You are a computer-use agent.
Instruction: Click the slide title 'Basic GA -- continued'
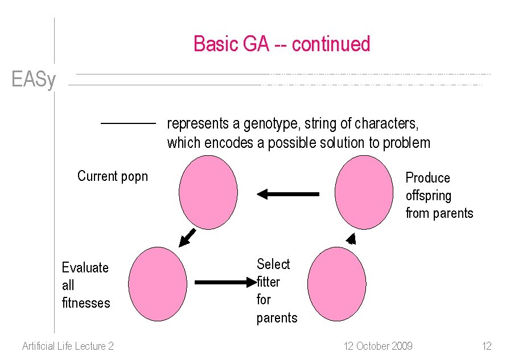pyautogui.click(x=282, y=44)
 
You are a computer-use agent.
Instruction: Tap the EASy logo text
pyautogui.click(x=34, y=80)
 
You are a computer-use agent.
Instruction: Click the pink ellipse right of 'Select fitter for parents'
pyautogui.click(x=336, y=283)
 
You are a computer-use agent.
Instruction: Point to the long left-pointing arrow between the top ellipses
pyautogui.click(x=287, y=195)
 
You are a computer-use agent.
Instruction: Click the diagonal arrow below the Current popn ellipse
pyautogui.click(x=187, y=238)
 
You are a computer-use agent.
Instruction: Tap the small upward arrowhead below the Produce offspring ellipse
pyautogui.click(x=351, y=238)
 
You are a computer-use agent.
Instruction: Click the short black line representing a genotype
pyautogui.click(x=128, y=123)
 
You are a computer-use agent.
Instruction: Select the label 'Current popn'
pyautogui.click(x=113, y=176)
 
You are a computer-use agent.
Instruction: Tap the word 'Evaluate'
pyautogui.click(x=85, y=268)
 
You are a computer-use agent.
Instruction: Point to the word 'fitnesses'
pyautogui.click(x=86, y=303)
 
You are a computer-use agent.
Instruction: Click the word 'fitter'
pyautogui.click(x=269, y=282)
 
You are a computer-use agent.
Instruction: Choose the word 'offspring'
pyautogui.click(x=428, y=196)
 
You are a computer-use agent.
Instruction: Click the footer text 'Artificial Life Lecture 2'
pyautogui.click(x=68, y=346)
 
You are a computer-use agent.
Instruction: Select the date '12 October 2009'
pyautogui.click(x=378, y=346)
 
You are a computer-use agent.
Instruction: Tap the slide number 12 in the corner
pyautogui.click(x=486, y=346)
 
